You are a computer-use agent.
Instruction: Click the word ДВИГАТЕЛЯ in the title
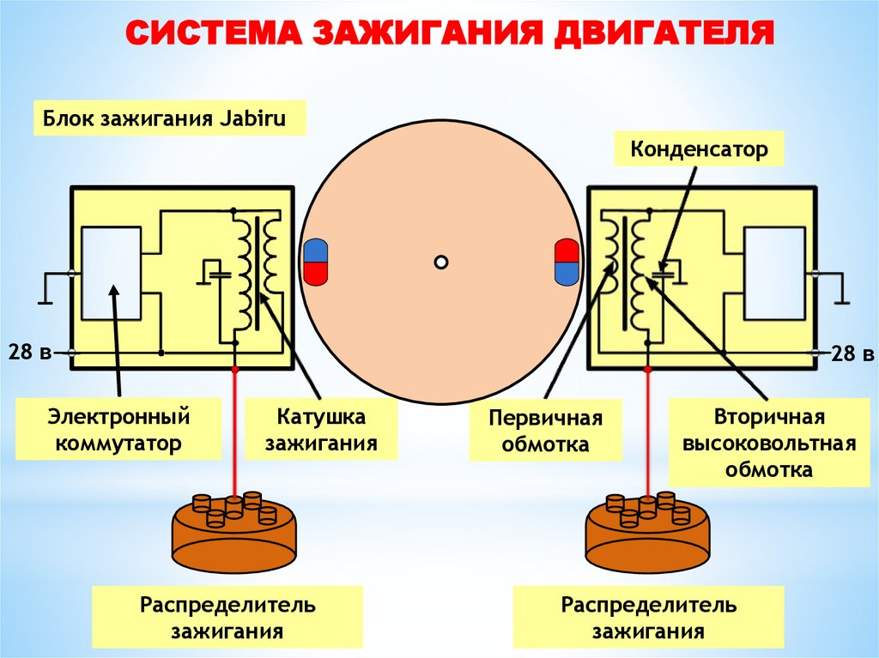click(664, 33)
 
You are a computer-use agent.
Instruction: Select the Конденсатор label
click(699, 149)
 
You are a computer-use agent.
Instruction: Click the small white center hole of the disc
click(441, 262)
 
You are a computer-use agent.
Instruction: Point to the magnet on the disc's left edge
click(316, 262)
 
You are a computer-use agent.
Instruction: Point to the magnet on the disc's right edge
click(567, 262)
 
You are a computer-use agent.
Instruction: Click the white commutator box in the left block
click(111, 274)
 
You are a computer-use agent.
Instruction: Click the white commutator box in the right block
click(774, 274)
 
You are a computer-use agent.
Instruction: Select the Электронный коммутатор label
click(118, 429)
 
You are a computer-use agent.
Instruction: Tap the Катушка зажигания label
click(321, 429)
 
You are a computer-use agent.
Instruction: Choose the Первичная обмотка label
click(545, 431)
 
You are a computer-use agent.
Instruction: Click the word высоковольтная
click(768, 443)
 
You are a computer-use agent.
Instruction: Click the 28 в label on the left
click(30, 353)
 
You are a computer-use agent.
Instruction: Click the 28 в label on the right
click(852, 353)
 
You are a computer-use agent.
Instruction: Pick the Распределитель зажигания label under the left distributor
click(227, 618)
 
